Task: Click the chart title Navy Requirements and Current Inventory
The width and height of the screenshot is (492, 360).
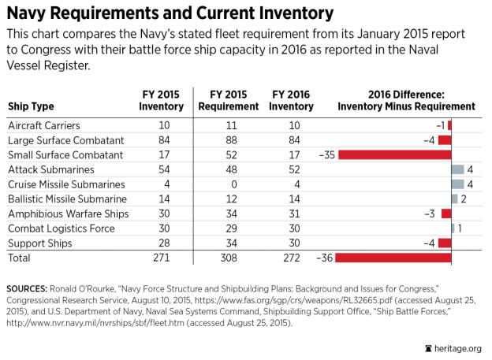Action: click(170, 13)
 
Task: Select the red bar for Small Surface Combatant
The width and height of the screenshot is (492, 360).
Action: click(395, 154)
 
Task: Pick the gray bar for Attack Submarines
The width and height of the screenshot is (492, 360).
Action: click(457, 169)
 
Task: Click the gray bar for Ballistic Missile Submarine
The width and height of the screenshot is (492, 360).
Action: click(454, 199)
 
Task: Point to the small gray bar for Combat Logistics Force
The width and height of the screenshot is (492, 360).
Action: click(453, 228)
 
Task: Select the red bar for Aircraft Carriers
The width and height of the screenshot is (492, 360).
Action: click(449, 125)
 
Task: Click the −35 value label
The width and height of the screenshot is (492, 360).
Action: click(327, 154)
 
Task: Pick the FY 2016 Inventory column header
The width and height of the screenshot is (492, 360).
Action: click(292, 100)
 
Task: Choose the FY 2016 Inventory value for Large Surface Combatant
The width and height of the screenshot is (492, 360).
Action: click(292, 140)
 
